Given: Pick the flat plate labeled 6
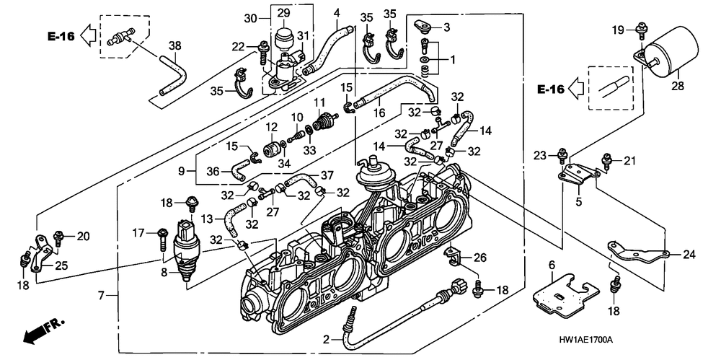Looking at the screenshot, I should [x=565, y=293].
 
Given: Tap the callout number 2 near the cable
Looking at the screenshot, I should [x=327, y=338].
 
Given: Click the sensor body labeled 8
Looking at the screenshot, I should [x=185, y=253].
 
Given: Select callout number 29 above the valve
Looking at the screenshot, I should [x=283, y=14].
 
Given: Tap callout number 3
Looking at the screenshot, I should [x=446, y=27].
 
